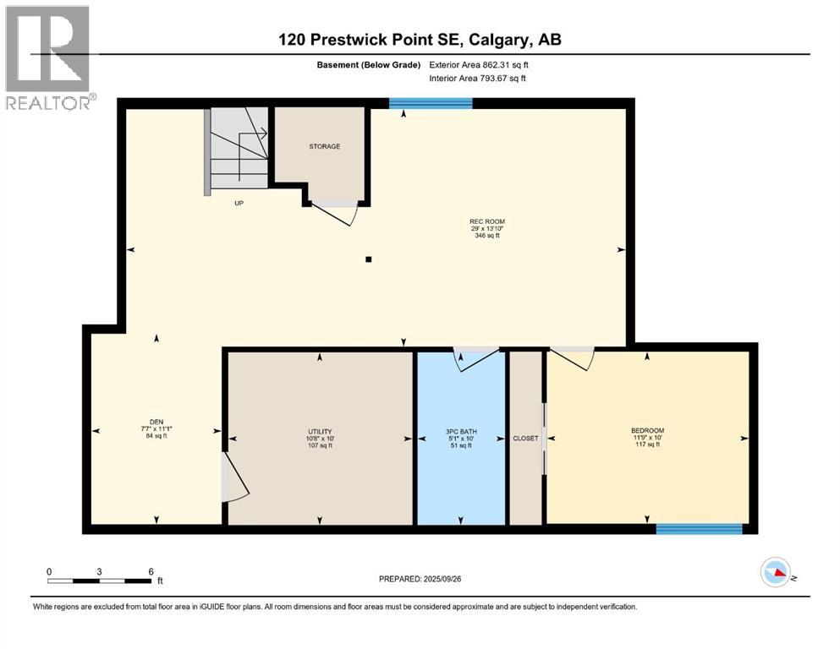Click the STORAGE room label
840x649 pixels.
point(324,146)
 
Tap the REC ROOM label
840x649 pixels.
point(487,221)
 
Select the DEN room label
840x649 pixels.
point(156,423)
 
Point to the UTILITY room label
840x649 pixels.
point(320,431)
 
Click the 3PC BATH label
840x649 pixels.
point(461,431)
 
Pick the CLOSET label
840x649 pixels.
point(525,439)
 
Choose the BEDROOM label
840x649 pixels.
point(647,431)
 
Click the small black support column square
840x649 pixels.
point(369,259)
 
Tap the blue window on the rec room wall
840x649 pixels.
point(431,103)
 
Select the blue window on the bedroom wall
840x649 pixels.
point(699,529)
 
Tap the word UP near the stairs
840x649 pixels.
point(239,204)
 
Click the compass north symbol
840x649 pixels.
point(776,572)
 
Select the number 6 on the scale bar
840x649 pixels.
point(151,571)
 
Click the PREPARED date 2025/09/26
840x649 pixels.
point(442,579)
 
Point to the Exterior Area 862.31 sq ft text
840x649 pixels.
point(479,65)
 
